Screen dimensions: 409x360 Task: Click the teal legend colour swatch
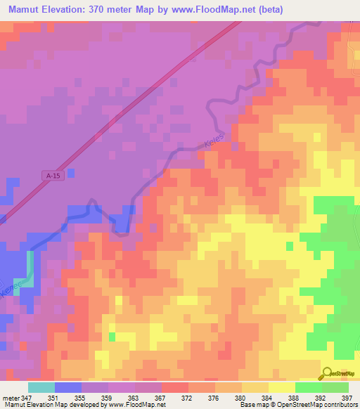[x=41, y=387]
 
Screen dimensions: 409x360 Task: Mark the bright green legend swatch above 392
[x=309, y=387]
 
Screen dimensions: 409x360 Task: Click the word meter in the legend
[x=11, y=397]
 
